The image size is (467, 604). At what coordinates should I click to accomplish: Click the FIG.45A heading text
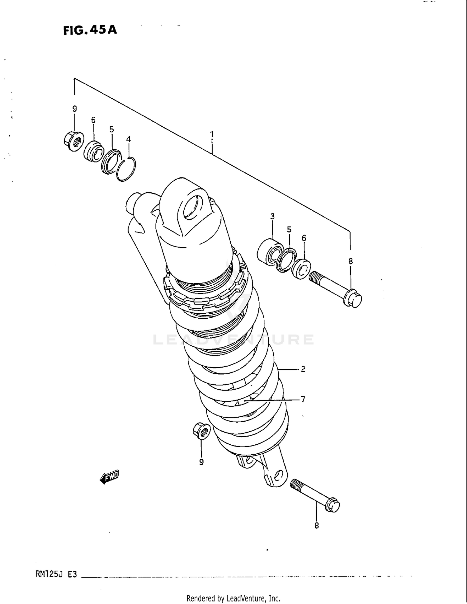coord(90,30)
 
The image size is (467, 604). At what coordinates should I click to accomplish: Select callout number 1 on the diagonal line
coord(212,134)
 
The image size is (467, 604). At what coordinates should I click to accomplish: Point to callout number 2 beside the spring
coord(303,369)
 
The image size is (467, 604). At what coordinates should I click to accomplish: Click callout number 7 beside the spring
coord(303,399)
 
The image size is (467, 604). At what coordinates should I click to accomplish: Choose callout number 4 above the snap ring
coord(128,139)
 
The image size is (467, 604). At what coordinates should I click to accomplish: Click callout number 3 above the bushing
coord(272,216)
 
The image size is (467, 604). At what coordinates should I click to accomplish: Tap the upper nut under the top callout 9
coord(74,142)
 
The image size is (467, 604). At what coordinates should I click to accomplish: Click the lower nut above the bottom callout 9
coord(201,431)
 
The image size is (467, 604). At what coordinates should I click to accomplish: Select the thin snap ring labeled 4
coord(126,170)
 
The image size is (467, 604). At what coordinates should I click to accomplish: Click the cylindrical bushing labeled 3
coord(269,252)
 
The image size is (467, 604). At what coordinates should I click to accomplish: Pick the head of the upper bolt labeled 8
coord(353,298)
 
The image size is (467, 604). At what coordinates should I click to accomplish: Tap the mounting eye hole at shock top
coord(190,207)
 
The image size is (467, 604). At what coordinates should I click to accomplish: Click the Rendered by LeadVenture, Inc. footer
coord(233,598)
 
